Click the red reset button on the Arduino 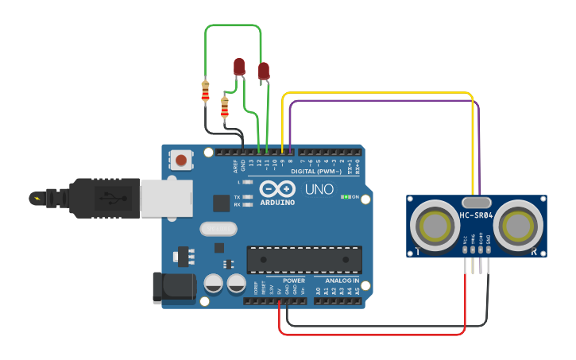[x=182, y=161]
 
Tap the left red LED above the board [x=238, y=67]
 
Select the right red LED [x=264, y=72]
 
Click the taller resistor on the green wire [x=206, y=92]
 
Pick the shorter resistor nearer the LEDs [x=225, y=106]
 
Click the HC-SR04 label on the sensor [x=477, y=215]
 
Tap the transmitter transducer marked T [x=434, y=227]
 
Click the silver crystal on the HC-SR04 [x=477, y=202]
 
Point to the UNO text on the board [x=319, y=192]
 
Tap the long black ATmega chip [x=304, y=260]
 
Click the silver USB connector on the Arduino [x=167, y=198]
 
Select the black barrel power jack [x=173, y=288]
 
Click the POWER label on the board [x=294, y=281]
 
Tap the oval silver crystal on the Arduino [x=218, y=230]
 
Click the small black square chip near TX [x=221, y=203]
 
